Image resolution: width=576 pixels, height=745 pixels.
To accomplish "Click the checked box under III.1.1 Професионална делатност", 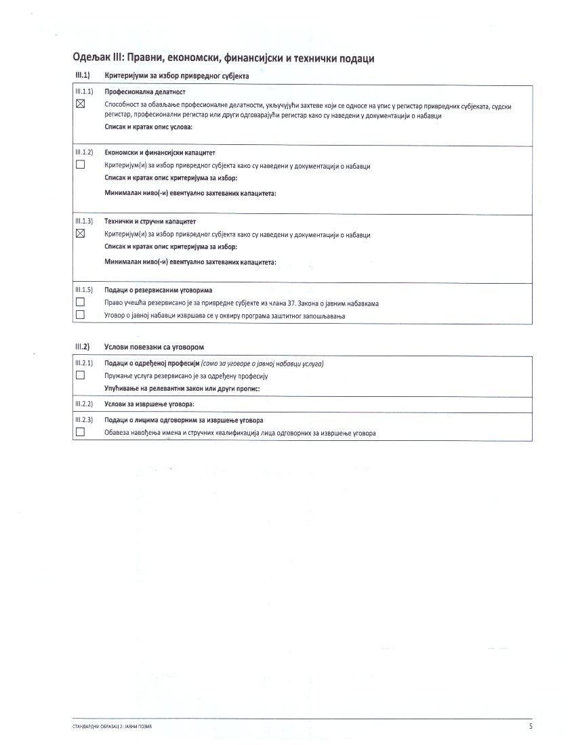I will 81,104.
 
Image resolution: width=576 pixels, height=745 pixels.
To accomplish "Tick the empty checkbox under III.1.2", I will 81,165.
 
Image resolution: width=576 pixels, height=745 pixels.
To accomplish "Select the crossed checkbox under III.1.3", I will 81,234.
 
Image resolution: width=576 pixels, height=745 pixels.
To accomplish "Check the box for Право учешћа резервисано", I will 81,302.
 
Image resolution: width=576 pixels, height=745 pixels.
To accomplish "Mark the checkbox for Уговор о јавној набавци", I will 81,314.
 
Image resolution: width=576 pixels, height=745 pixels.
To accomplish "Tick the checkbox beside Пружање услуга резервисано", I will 81,375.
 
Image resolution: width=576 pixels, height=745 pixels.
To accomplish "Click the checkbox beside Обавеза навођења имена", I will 81,432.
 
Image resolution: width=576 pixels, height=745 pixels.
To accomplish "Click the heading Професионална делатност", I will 145,91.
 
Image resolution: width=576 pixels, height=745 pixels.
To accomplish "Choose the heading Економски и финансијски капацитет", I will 160,152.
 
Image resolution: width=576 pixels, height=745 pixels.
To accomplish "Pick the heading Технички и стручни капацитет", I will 150,221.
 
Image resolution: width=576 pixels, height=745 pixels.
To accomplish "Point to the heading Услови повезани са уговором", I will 154,347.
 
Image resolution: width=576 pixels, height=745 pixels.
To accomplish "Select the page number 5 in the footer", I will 531,726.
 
